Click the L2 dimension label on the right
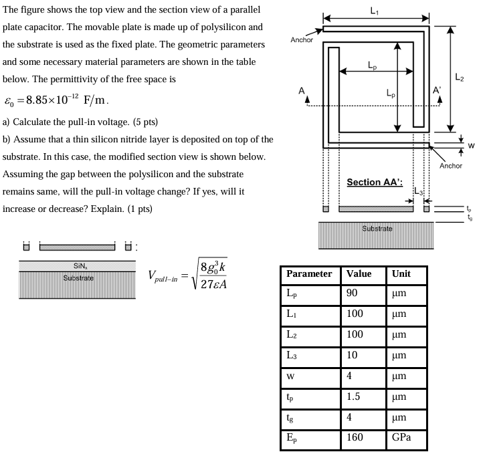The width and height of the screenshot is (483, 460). [460, 78]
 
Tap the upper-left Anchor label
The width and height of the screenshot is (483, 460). [302, 39]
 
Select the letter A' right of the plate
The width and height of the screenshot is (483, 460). [438, 91]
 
